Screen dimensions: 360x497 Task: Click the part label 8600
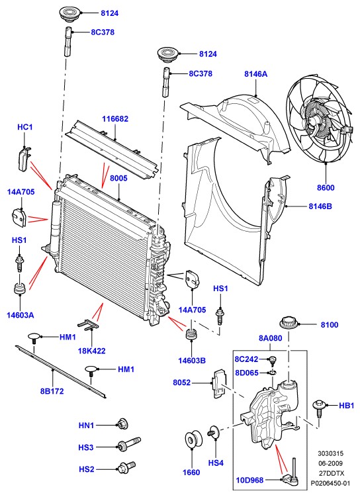pos(326,188)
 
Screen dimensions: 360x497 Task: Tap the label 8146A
pos(255,74)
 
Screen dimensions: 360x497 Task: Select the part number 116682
pos(115,119)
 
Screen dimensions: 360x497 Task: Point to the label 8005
pos(118,178)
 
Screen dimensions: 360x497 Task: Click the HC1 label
pos(24,127)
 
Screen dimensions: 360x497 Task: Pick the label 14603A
pos(21,315)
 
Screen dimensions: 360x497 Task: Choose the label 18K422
pos(91,351)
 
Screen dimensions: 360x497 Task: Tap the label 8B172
pos(52,391)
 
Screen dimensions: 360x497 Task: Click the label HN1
pos(86,426)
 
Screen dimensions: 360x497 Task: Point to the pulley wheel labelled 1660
pos(193,440)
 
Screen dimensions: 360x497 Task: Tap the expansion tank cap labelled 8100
pos(289,324)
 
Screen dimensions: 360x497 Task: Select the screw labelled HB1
pos(319,408)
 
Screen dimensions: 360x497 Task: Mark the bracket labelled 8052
pos(219,383)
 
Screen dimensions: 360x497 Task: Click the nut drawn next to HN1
pos(122,424)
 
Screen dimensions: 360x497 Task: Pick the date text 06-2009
pos(330,463)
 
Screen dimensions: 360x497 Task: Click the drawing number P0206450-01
pos(330,483)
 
